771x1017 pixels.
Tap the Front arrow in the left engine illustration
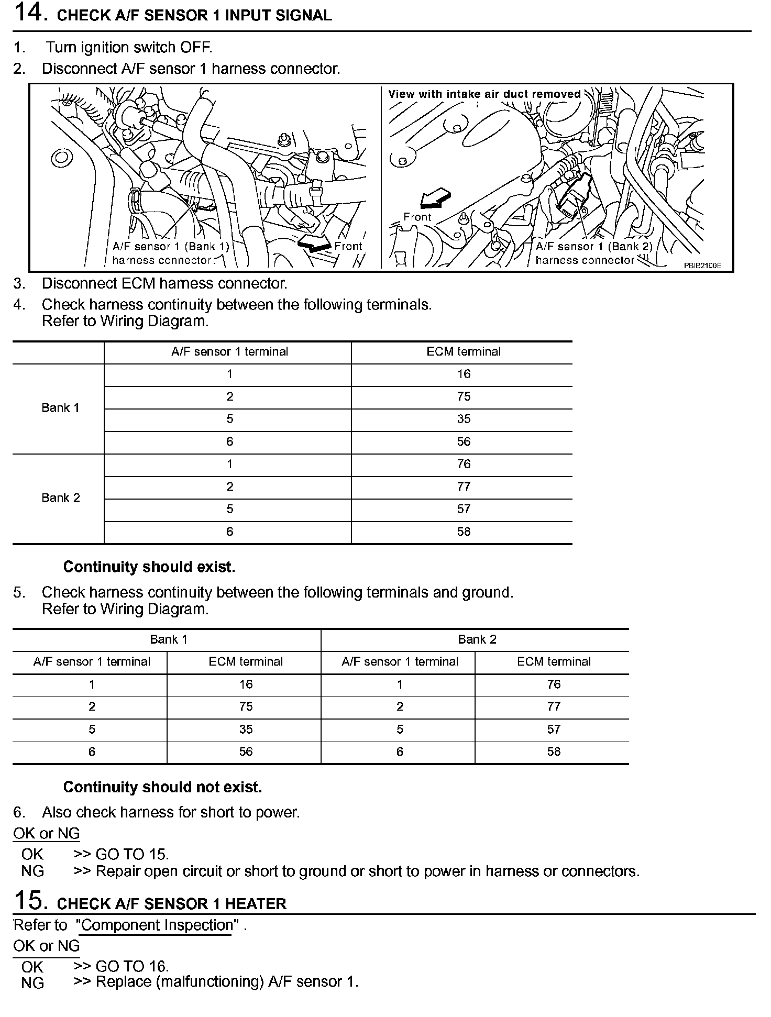pyautogui.click(x=313, y=242)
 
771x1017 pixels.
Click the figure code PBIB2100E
pyautogui.click(x=702, y=266)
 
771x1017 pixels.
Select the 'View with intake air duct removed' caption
pyautogui.click(x=484, y=94)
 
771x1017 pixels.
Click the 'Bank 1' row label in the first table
pyautogui.click(x=61, y=408)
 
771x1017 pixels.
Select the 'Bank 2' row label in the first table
pyautogui.click(x=61, y=498)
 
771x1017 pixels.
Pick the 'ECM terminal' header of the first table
pyautogui.click(x=464, y=352)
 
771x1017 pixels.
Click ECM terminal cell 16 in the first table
pyautogui.click(x=464, y=374)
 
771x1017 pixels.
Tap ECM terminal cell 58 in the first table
pyautogui.click(x=464, y=532)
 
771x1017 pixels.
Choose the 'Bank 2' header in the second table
pyautogui.click(x=477, y=639)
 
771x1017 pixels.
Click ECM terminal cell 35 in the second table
pyautogui.click(x=246, y=729)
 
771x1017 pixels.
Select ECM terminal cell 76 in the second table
pyautogui.click(x=554, y=684)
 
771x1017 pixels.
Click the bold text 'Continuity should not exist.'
pyautogui.click(x=162, y=787)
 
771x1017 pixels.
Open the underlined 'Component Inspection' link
pyautogui.click(x=155, y=925)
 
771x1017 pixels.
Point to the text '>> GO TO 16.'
pyautogui.click(x=122, y=966)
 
